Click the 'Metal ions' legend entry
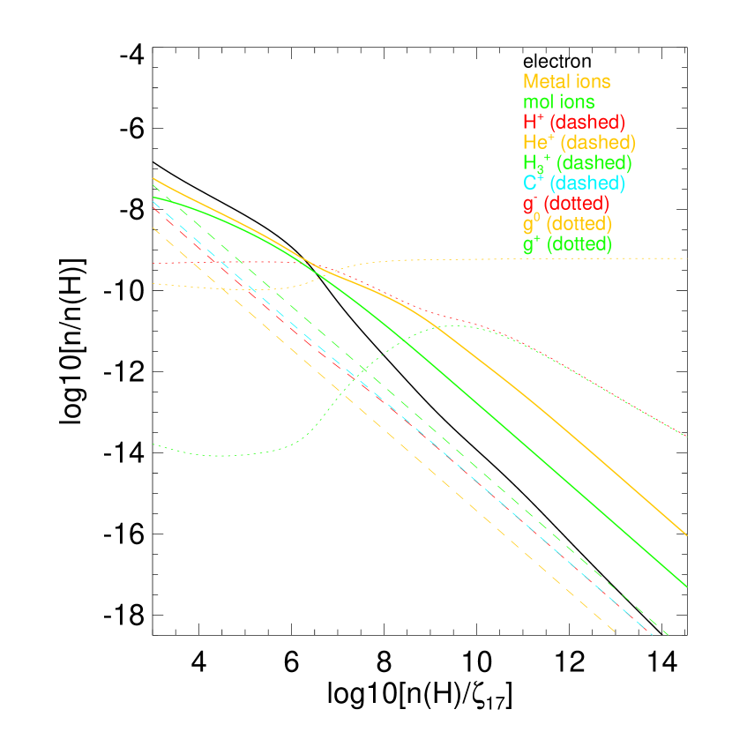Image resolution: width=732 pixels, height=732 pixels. (x=566, y=81)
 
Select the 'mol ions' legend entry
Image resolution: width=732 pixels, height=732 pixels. (x=558, y=102)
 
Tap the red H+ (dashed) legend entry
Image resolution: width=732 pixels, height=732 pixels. (x=573, y=122)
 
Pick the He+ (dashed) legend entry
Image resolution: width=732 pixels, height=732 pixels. (x=579, y=142)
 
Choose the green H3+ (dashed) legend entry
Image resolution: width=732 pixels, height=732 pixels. (x=577, y=163)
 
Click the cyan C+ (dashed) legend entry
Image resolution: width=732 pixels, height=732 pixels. (x=573, y=183)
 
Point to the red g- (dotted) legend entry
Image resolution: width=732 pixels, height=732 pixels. (x=565, y=204)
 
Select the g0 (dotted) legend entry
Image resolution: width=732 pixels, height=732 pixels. (x=567, y=224)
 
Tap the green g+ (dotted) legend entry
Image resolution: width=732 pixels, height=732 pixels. (x=567, y=244)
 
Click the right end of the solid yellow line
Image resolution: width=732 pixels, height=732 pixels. (x=687, y=534)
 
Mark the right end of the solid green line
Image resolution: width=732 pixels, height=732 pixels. (x=687, y=586)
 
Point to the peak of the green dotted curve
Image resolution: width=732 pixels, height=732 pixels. (x=459, y=325)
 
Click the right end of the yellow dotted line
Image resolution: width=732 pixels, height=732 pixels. (x=687, y=258)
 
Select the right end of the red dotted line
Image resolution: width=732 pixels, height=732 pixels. (x=687, y=437)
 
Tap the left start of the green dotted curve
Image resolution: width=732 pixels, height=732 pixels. (x=153, y=444)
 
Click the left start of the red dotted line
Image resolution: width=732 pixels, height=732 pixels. (x=153, y=263)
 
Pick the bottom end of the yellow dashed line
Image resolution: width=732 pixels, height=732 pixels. (x=615, y=631)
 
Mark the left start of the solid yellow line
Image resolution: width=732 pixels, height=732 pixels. (x=153, y=178)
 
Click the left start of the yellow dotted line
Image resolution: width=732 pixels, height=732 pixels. (x=153, y=283)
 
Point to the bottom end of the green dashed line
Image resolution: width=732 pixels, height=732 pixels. (x=669, y=634)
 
